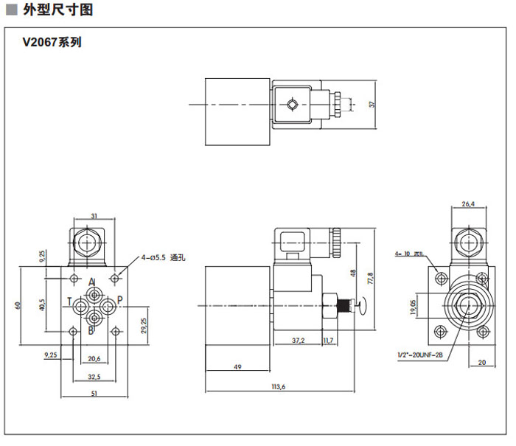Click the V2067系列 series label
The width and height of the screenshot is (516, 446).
52,42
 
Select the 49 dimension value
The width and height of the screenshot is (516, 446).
237,366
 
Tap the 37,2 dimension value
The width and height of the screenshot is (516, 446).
298,340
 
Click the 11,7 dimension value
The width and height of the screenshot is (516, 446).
330,340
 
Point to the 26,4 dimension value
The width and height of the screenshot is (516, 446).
467,204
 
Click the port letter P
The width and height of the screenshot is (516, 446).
121,301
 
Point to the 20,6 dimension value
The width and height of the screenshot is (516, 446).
94,358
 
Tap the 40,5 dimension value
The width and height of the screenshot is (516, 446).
41,304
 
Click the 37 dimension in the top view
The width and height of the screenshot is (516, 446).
372,105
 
